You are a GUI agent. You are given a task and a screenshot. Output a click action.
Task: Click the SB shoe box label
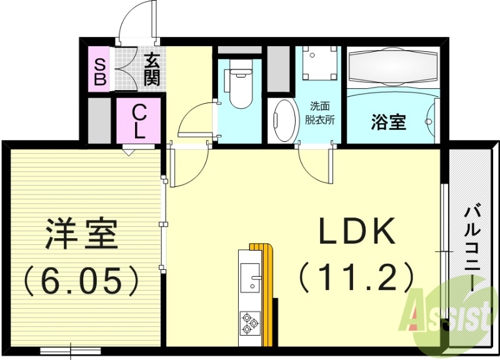[x=99, y=70]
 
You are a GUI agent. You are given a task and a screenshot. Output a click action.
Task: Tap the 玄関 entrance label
[x=151, y=69]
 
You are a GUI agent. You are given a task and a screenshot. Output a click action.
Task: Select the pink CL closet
[x=139, y=121]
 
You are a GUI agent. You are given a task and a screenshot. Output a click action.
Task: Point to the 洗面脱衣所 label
[x=319, y=113]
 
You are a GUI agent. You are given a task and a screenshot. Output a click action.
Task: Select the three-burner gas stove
[x=250, y=322]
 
